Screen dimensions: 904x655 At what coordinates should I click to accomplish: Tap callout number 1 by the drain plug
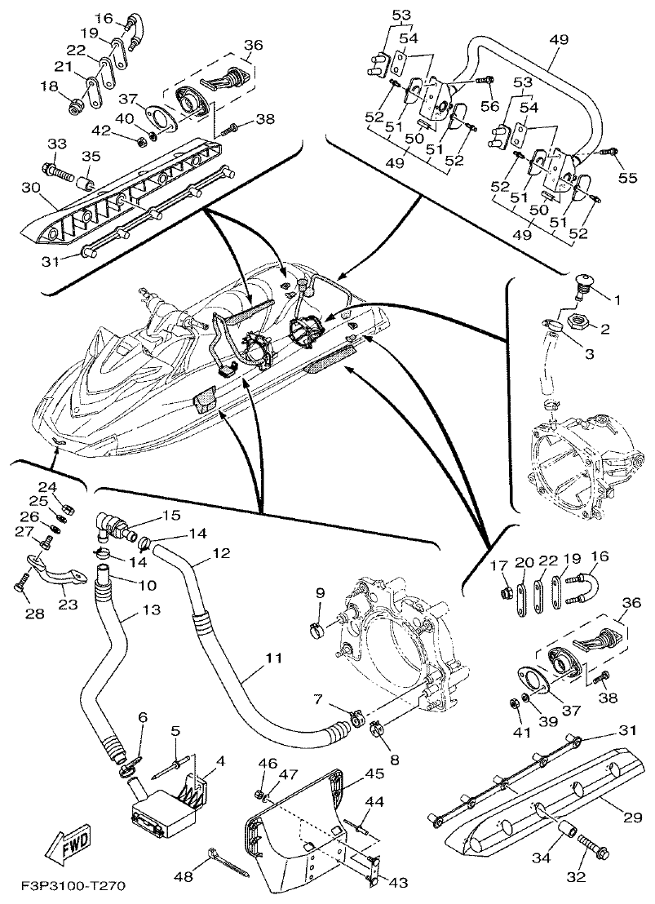point(617,300)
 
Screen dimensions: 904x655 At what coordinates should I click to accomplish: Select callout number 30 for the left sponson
point(31,187)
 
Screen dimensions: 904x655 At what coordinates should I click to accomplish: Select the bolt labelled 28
point(20,584)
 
